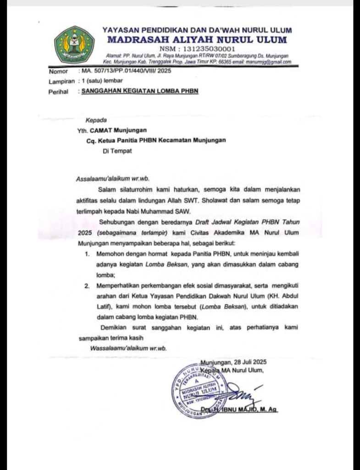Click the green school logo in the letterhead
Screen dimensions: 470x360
(x=74, y=45)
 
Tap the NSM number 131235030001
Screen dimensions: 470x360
(x=198, y=49)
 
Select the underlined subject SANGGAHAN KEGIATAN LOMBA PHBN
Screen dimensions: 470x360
(x=140, y=91)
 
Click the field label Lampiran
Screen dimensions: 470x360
(x=61, y=81)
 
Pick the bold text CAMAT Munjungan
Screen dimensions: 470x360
(x=118, y=130)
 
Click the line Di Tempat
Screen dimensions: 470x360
(x=117, y=151)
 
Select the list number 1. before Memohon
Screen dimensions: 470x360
(x=87, y=254)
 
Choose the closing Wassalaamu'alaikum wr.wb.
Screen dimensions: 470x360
(x=129, y=348)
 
